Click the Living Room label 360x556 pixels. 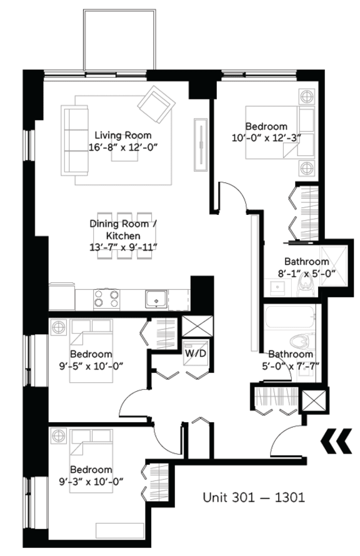click(122, 135)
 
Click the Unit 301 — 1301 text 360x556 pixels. click(253, 498)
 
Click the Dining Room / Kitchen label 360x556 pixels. click(119, 229)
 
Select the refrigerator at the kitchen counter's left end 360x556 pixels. click(62, 297)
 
